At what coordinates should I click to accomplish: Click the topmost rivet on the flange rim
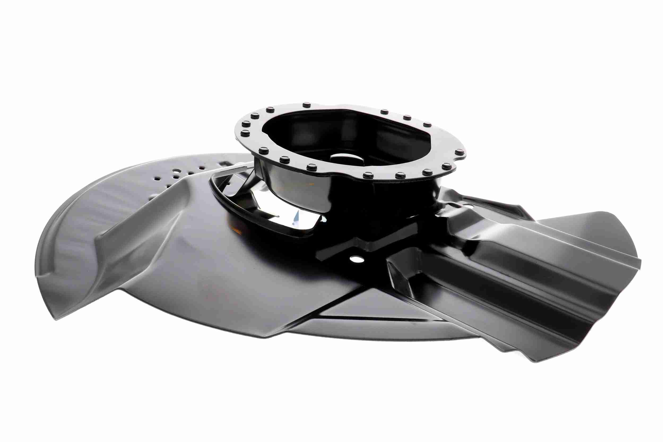pyautogui.click(x=306, y=105)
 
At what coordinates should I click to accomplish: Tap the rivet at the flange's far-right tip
pyautogui.click(x=460, y=152)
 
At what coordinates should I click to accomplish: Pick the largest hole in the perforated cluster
pyautogui.click(x=176, y=171)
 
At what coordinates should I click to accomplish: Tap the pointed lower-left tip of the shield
pyautogui.click(x=56, y=319)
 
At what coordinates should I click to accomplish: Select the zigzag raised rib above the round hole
pyautogui.click(x=366, y=242)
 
